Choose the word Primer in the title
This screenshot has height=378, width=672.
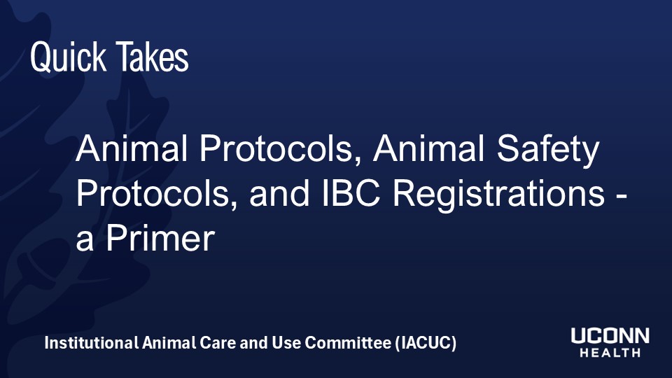[159, 239]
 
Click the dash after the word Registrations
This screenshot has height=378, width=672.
[618, 196]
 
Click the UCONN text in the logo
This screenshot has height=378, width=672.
[610, 337]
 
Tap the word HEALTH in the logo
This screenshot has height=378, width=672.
[610, 353]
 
